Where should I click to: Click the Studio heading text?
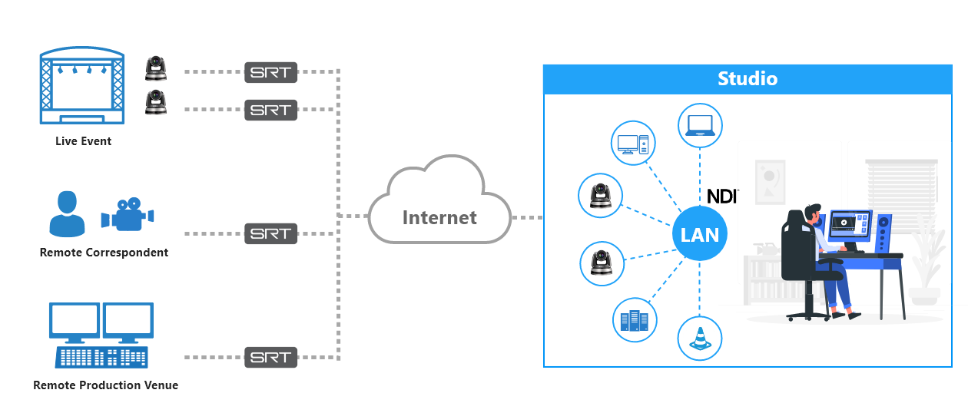(x=747, y=78)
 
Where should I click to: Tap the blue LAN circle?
(x=699, y=234)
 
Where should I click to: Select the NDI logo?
(x=721, y=196)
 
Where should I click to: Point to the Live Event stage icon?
(x=82, y=87)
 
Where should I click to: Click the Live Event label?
(x=83, y=141)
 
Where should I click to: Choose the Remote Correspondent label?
(x=104, y=253)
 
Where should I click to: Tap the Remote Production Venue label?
(x=105, y=385)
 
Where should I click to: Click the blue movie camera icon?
(x=128, y=215)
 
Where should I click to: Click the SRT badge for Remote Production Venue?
(x=270, y=357)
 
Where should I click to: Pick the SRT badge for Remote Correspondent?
(x=270, y=233)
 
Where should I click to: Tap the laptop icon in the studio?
(x=700, y=125)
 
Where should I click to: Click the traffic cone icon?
(x=699, y=339)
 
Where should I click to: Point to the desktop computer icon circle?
(x=634, y=143)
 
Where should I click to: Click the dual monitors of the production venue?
(x=101, y=322)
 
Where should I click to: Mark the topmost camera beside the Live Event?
(x=156, y=68)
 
